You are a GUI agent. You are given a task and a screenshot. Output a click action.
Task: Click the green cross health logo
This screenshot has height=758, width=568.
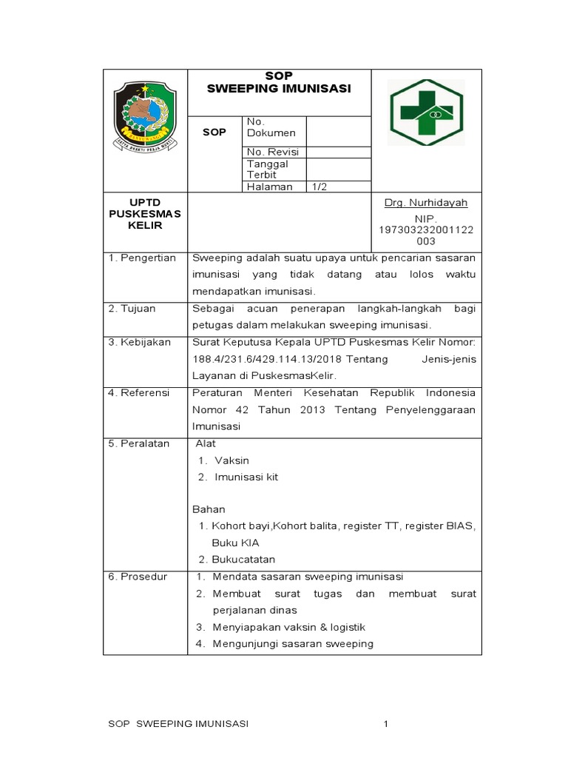[x=427, y=113]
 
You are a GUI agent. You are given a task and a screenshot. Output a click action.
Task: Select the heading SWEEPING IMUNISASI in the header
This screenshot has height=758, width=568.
[x=279, y=89]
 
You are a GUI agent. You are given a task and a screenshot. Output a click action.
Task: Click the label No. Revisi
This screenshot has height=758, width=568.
[x=272, y=152]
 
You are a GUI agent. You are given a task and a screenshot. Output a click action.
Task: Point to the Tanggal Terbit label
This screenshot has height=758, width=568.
[x=268, y=170]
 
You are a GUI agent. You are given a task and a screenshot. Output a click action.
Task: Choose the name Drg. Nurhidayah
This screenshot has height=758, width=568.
[x=426, y=203]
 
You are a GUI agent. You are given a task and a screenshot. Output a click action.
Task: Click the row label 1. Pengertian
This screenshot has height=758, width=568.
[x=142, y=258]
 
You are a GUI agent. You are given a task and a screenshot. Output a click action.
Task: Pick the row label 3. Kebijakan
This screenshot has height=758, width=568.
[x=139, y=343]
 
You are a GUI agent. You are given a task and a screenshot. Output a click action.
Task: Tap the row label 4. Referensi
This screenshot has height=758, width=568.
[x=139, y=392]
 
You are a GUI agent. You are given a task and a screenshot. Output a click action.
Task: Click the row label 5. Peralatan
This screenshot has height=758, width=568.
[x=139, y=443]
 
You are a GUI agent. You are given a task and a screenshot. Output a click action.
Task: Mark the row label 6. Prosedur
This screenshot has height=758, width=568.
[x=138, y=577]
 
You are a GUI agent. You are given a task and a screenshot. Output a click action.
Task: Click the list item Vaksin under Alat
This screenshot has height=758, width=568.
[x=231, y=460]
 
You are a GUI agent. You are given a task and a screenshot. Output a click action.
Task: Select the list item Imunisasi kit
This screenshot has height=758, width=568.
[x=246, y=477]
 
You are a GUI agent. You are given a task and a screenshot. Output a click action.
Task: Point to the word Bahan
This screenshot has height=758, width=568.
[x=209, y=509]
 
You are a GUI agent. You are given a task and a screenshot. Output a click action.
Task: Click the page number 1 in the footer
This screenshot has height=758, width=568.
[x=385, y=723]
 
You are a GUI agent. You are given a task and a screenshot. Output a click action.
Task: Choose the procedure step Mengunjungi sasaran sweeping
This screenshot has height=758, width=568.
[x=293, y=643]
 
